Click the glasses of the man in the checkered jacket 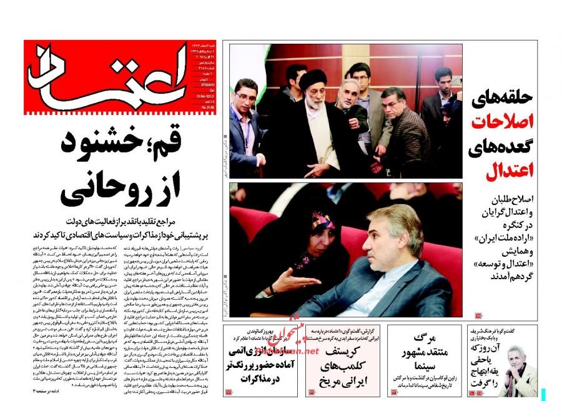coord(393,99)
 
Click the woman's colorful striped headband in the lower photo coord(324,221)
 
